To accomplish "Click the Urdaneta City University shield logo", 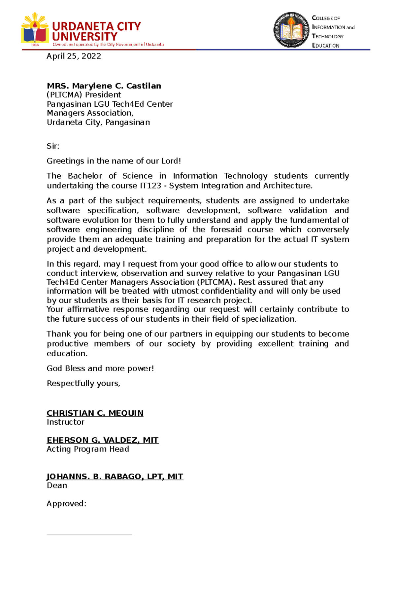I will coord(35,29).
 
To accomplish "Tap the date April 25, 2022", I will coord(74,56).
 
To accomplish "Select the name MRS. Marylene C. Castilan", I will coord(104,86).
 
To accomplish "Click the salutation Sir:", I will coord(53,146).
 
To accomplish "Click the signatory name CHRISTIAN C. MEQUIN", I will coord(95,413).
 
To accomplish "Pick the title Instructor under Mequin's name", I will coord(65,422).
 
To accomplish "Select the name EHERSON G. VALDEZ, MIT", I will coord(103,440).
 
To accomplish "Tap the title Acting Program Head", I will coord(88,449).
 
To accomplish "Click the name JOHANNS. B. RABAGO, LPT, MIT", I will coord(115,477).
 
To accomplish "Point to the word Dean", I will coord(57,485).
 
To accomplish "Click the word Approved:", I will coord(66,504).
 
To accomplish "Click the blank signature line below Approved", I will coord(89,534).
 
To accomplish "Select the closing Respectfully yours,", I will coord(83,383).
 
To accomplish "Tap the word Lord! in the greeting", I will coord(171,161).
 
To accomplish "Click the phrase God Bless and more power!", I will coord(100,369).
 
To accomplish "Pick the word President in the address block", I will coord(103,95).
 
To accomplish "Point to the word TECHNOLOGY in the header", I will coord(328,36).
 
